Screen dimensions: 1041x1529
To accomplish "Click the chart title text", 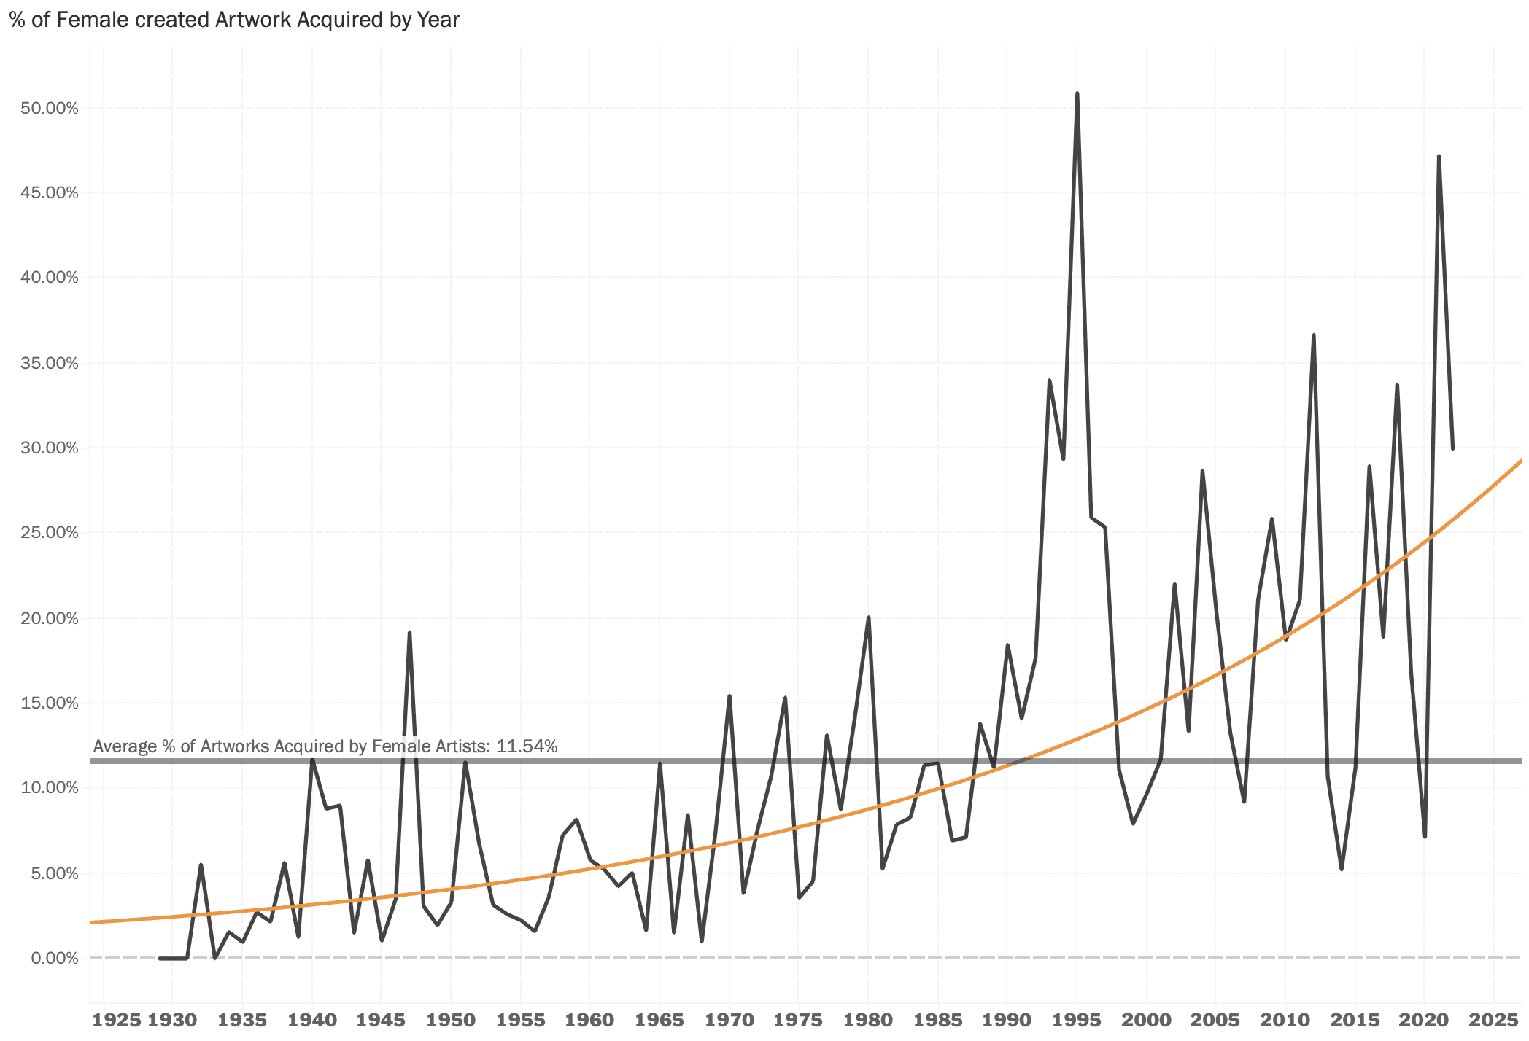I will [234, 20].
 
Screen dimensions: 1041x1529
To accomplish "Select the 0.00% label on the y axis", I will [54, 958].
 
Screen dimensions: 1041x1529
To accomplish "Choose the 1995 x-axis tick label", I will [1077, 1020].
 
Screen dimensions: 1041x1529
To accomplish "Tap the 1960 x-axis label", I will [590, 1020].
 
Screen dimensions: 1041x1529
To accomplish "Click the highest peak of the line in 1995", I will [1077, 94].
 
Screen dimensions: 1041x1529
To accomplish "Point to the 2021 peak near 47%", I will [1439, 157].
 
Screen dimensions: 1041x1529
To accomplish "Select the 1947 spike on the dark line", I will [409, 633].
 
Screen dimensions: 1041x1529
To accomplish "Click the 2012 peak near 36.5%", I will [1313, 335].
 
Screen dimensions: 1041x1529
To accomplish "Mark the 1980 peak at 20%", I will [868, 618].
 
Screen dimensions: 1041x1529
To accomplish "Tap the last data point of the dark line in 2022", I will [1452, 448].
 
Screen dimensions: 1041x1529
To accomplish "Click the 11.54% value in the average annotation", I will [527, 746].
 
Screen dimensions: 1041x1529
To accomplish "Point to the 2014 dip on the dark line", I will [1342, 869].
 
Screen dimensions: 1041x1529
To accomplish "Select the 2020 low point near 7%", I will [1425, 836].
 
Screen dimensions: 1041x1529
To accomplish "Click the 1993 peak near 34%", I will [1049, 381].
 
